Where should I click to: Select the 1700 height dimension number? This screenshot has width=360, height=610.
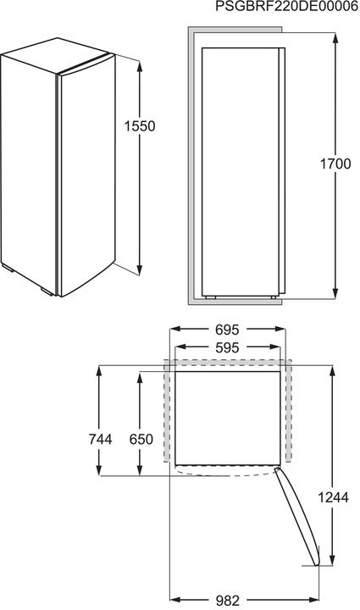335,164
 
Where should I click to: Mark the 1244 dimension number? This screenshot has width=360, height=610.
335,498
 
